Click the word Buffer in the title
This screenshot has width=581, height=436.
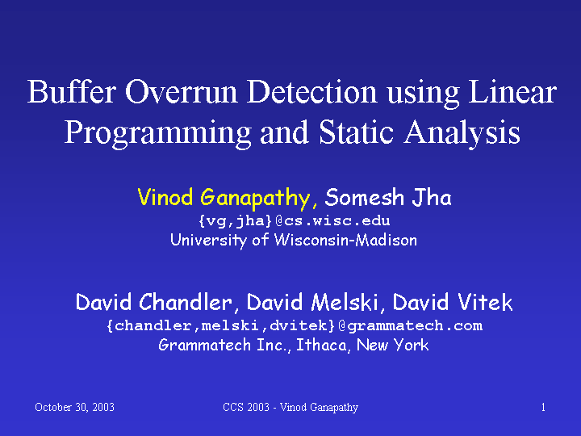72,91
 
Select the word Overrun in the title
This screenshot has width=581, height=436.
182,91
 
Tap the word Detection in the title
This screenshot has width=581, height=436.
312,91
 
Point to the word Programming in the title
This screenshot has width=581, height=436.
158,133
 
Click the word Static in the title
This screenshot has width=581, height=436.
356,132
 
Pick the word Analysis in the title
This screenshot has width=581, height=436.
462,133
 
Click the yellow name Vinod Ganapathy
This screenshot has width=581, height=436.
224,198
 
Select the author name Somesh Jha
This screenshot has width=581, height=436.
388,197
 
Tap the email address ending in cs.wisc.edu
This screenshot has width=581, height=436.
295,220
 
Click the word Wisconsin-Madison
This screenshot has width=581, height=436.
345,240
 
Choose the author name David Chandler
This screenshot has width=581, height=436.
154,302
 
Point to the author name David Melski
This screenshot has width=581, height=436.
311,302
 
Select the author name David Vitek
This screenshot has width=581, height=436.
453,302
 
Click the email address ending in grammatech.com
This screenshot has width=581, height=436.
295,325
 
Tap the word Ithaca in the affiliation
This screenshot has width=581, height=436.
322,345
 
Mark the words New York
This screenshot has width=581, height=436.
393,345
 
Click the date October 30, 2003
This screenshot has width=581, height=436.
74,408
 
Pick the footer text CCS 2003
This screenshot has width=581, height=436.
246,407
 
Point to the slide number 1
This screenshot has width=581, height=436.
543,407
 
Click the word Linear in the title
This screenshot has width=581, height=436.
512,91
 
